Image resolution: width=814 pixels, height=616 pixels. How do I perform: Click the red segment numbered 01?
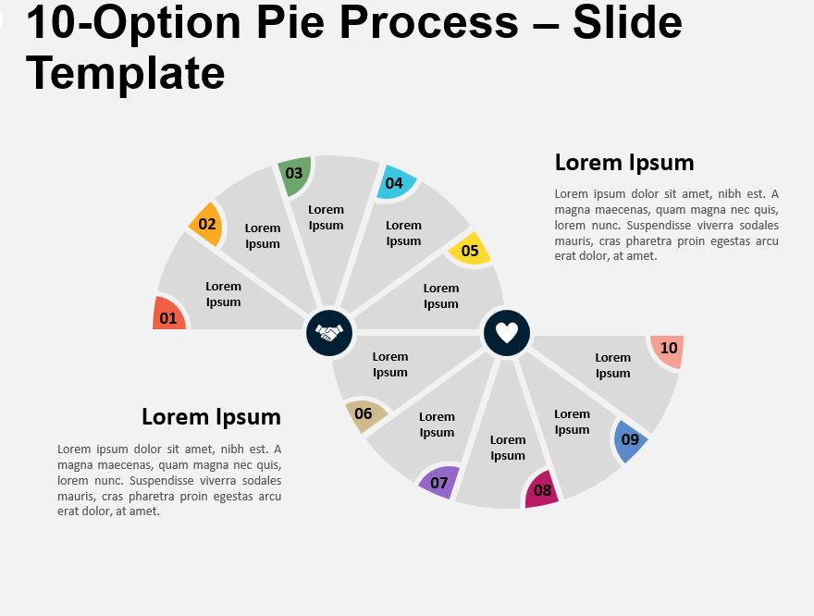168,315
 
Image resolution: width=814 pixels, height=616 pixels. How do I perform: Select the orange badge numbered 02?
207,224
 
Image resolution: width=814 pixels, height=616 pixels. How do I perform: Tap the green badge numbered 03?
295,175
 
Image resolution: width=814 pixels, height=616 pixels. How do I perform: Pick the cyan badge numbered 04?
395,183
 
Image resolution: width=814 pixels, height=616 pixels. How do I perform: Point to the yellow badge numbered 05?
469,250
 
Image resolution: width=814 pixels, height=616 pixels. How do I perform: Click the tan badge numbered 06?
363,414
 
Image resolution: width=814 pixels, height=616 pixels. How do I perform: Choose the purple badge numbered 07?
438,482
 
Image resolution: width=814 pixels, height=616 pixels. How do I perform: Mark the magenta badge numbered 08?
542,490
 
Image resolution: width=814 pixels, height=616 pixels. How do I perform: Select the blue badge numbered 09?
630,439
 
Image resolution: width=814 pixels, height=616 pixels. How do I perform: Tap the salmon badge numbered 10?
668,350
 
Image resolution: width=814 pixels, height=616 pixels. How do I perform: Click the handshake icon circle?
329,333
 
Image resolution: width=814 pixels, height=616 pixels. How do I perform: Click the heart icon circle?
507,333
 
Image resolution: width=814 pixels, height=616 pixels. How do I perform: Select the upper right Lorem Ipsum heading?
624,163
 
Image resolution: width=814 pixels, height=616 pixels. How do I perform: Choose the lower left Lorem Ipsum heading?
211,417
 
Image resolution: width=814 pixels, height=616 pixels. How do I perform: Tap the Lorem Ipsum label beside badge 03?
326,217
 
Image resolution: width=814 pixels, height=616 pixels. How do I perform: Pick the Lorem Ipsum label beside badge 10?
612,365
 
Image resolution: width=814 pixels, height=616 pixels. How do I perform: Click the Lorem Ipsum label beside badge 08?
508,448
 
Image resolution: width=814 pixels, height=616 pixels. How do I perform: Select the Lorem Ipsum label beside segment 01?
223,294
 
